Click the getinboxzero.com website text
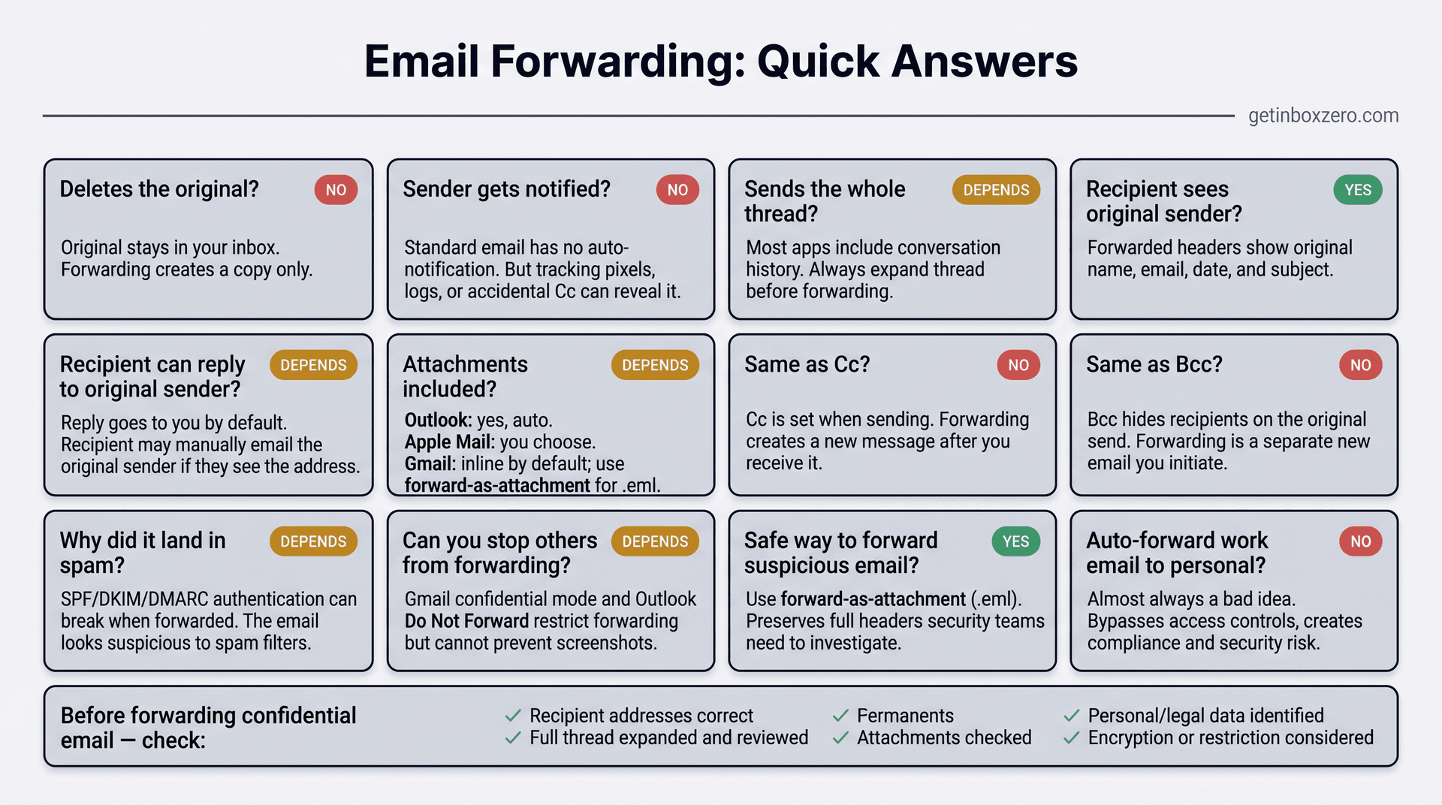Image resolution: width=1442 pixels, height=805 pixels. (x=1323, y=116)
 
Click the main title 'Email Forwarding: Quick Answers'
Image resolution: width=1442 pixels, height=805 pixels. (x=720, y=62)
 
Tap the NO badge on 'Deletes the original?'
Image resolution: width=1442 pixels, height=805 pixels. (x=336, y=190)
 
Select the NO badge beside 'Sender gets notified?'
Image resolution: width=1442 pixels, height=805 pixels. (x=677, y=190)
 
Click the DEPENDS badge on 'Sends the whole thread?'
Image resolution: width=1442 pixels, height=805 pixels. (x=996, y=190)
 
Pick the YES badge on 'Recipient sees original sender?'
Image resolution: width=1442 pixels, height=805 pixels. (x=1357, y=190)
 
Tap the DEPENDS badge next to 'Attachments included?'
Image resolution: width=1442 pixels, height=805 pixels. (x=655, y=365)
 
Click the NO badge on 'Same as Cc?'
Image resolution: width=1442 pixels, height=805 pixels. (x=1018, y=365)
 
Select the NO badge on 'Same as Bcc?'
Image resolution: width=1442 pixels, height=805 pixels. (x=1360, y=365)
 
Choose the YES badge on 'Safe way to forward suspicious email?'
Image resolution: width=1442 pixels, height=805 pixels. (x=1015, y=541)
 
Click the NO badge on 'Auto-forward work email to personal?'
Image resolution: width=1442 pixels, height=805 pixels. (x=1360, y=541)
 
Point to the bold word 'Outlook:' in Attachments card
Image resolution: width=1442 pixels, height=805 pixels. (x=437, y=420)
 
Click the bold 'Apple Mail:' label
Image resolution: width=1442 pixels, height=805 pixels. (x=449, y=442)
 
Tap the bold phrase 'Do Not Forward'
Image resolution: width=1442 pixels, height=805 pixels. (x=466, y=621)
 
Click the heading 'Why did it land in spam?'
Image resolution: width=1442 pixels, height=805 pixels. (x=143, y=552)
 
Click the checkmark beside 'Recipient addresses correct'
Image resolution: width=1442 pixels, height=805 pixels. (x=513, y=716)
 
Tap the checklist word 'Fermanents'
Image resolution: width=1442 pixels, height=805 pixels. (x=905, y=716)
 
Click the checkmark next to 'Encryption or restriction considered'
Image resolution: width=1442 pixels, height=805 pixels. (x=1072, y=738)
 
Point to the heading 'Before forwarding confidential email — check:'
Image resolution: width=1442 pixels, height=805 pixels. (x=208, y=727)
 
